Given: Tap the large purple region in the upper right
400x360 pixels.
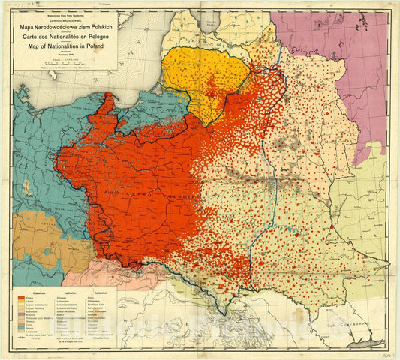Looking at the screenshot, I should click(x=341, y=52).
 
